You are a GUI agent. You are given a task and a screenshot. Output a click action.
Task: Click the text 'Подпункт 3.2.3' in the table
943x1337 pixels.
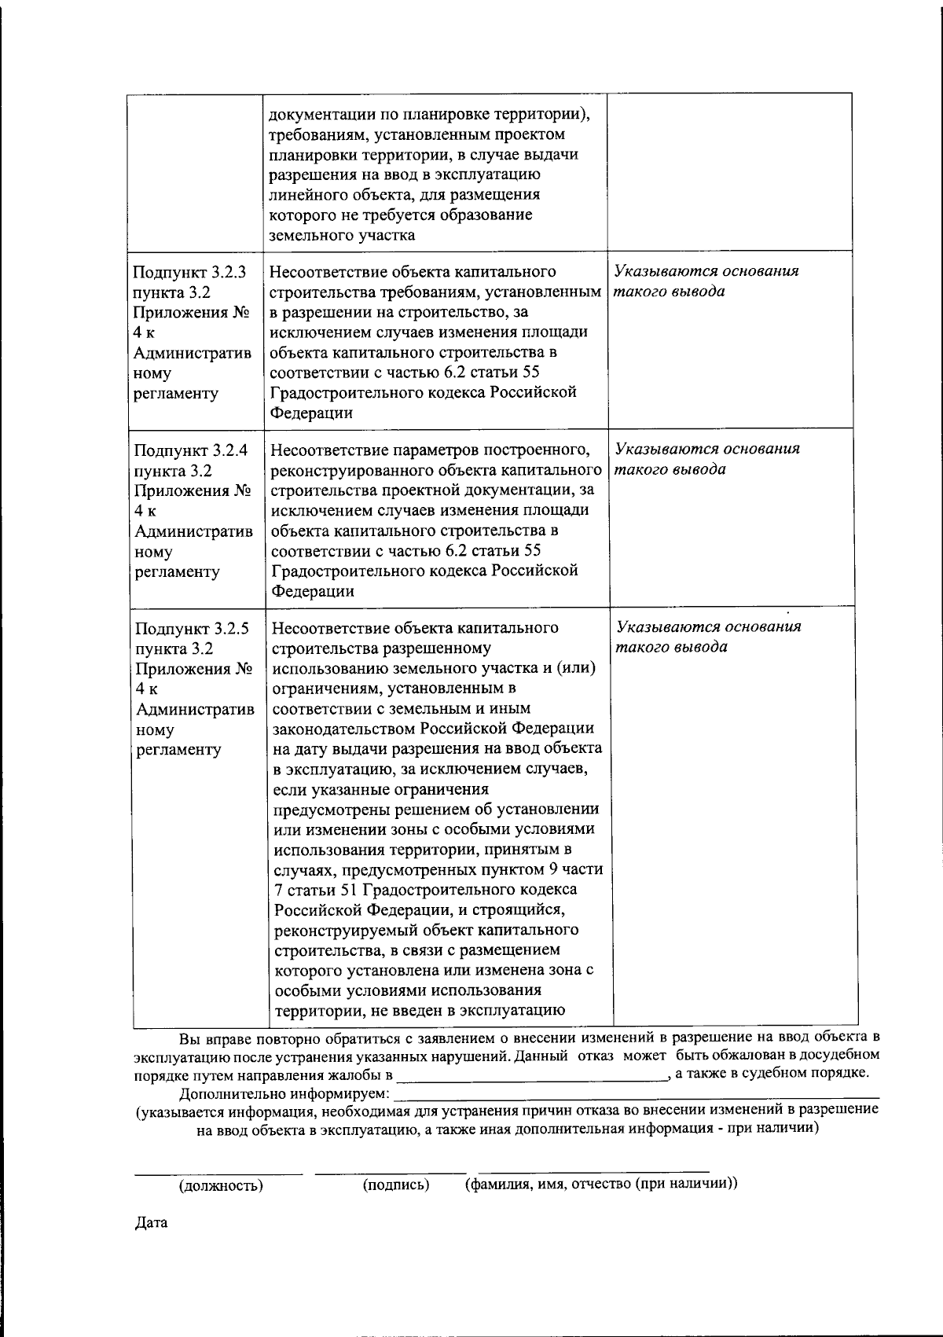(x=189, y=273)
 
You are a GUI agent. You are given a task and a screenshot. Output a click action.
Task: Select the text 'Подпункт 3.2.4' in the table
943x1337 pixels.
(x=191, y=450)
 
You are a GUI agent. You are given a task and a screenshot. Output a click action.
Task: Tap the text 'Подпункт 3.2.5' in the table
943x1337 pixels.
(x=192, y=629)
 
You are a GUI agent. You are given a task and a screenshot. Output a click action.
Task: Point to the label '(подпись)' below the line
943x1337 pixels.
(x=396, y=1185)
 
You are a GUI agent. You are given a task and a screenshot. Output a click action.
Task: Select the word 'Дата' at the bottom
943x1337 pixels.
(x=152, y=1224)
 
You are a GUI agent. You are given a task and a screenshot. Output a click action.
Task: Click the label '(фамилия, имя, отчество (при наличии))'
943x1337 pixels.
(x=601, y=1184)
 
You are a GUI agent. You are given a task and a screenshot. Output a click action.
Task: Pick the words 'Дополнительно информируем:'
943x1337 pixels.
(x=284, y=1093)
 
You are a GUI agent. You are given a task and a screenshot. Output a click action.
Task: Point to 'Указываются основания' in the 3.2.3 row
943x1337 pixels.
(x=706, y=271)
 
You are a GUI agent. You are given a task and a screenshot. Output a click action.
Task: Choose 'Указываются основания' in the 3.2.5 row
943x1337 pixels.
(x=709, y=627)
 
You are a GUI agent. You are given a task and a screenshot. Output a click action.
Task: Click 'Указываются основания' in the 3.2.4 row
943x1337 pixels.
(x=707, y=449)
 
